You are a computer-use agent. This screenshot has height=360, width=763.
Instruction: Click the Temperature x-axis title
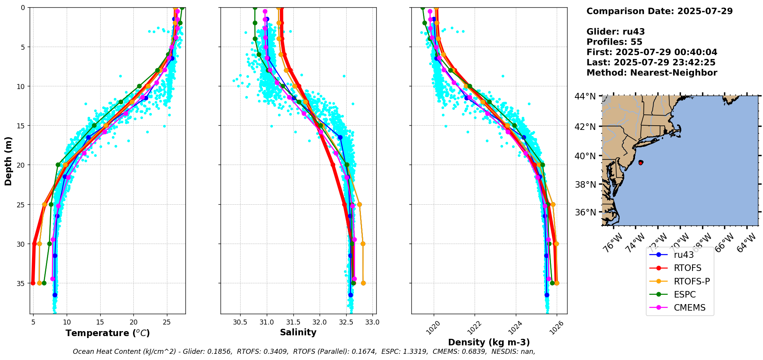point(108,333)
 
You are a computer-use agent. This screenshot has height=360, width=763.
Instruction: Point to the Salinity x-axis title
point(298,332)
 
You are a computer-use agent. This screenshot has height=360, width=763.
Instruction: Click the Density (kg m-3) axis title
point(488,342)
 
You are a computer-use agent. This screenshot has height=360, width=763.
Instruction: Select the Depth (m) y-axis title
point(8,161)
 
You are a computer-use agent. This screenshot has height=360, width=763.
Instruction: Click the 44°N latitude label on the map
point(585,96)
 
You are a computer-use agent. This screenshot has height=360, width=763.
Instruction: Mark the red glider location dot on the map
point(640,163)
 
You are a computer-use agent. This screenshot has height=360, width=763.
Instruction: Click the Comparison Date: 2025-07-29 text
point(659,11)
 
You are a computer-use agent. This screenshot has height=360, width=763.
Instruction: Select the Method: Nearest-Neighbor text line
point(652,73)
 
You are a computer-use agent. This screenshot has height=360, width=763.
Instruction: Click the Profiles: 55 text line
point(614,42)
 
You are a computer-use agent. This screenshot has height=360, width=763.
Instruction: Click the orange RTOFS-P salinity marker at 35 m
point(363,283)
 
